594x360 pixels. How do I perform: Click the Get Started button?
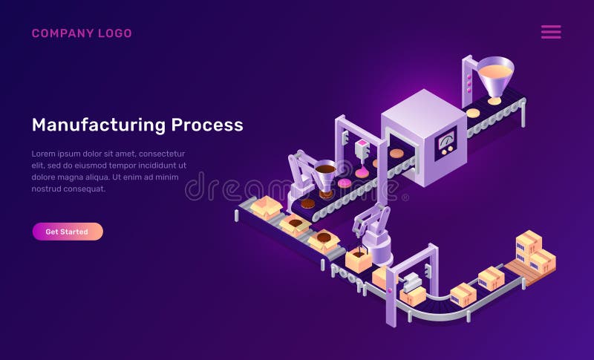coord(67,232)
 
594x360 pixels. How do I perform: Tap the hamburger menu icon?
coord(551,32)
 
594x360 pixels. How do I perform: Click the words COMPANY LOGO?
coord(82,33)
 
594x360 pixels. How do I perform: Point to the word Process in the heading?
coord(207,125)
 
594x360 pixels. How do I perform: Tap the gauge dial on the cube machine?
coord(446,140)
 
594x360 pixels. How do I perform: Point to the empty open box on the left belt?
coord(266,207)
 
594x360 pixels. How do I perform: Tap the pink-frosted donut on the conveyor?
coord(345,183)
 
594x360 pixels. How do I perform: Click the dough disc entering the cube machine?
coord(396,153)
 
